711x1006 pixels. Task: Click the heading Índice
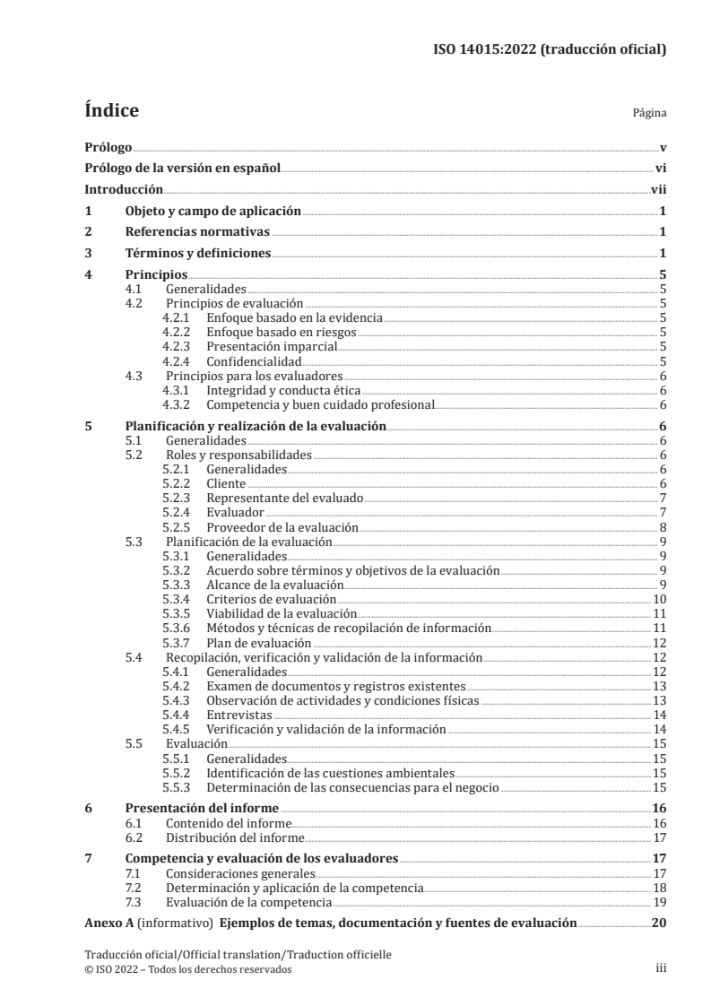(111, 111)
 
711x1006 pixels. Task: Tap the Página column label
(648, 115)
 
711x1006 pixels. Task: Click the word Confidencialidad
(254, 361)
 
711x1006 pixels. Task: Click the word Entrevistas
(238, 715)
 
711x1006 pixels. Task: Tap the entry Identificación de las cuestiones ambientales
(330, 773)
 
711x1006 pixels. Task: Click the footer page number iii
(659, 969)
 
